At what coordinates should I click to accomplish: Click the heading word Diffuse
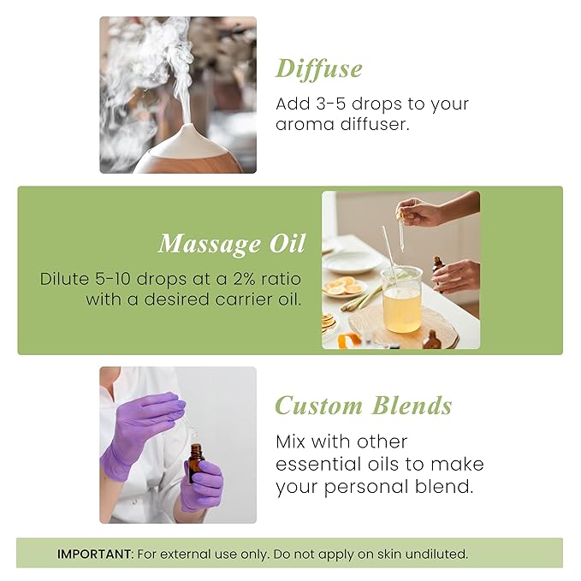318,69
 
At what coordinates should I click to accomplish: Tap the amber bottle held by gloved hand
196,466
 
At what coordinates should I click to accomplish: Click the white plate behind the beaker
353,260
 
